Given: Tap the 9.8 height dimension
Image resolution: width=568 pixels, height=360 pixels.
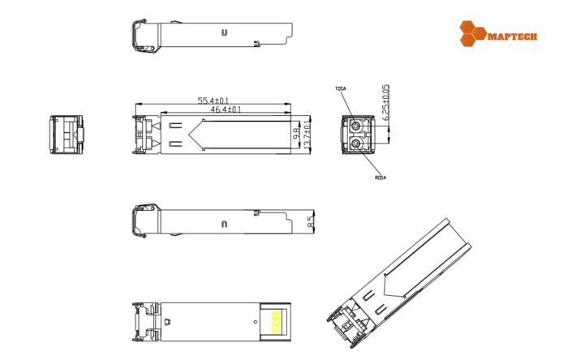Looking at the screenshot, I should [297, 131].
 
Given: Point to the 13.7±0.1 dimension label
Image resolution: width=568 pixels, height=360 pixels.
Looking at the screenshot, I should [306, 135].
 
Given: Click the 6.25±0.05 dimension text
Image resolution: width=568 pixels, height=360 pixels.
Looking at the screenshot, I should [386, 103].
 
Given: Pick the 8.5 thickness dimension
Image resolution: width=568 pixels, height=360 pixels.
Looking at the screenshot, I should [310, 220].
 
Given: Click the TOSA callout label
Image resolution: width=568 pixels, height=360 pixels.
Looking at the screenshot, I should [340, 88].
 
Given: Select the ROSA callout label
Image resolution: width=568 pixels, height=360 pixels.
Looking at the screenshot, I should [379, 177].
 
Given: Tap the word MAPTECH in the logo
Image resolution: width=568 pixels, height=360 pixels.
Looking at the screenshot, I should [511, 36].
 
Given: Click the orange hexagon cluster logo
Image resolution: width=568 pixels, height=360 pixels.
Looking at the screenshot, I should [472, 33].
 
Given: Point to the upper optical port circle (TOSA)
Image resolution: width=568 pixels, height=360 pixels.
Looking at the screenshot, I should [355, 126].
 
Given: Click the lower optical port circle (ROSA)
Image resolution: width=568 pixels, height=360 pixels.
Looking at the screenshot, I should [355, 144].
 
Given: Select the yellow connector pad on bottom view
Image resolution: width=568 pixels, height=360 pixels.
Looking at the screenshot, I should [277, 321].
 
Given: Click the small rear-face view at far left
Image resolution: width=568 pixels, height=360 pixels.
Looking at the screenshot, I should [67, 135].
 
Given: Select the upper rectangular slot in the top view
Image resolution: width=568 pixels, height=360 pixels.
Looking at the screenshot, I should [176, 124].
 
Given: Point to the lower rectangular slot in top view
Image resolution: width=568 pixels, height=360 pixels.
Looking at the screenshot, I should [176, 145].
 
